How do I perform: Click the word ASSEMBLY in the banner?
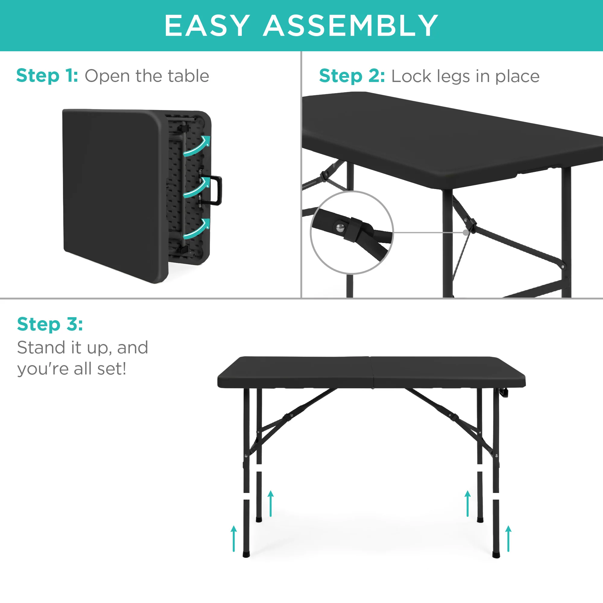point(351,26)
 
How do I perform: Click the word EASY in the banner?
point(207,26)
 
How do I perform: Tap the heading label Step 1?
point(47,76)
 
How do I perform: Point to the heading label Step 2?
point(352,76)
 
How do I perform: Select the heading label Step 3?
point(50,324)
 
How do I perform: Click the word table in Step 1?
point(188,76)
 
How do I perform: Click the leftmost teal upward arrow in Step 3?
point(234,538)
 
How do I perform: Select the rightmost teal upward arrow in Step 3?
point(508,538)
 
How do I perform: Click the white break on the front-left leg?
point(247,496)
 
